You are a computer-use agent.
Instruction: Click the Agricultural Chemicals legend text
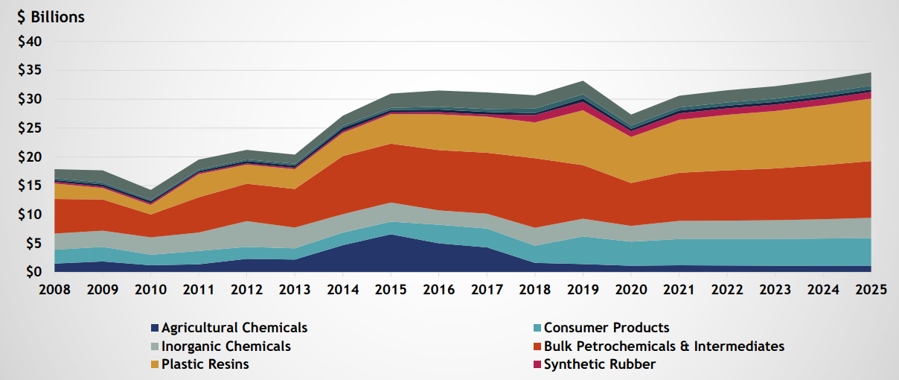(234, 328)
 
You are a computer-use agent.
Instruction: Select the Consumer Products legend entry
(607, 328)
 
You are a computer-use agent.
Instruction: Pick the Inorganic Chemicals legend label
(226, 346)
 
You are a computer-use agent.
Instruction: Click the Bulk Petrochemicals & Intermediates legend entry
(664, 346)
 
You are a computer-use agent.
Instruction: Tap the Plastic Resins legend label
(205, 364)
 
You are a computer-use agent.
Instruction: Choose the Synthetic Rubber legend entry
(600, 364)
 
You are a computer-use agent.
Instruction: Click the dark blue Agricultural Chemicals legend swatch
(155, 328)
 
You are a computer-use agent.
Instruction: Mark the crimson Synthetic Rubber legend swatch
(537, 364)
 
